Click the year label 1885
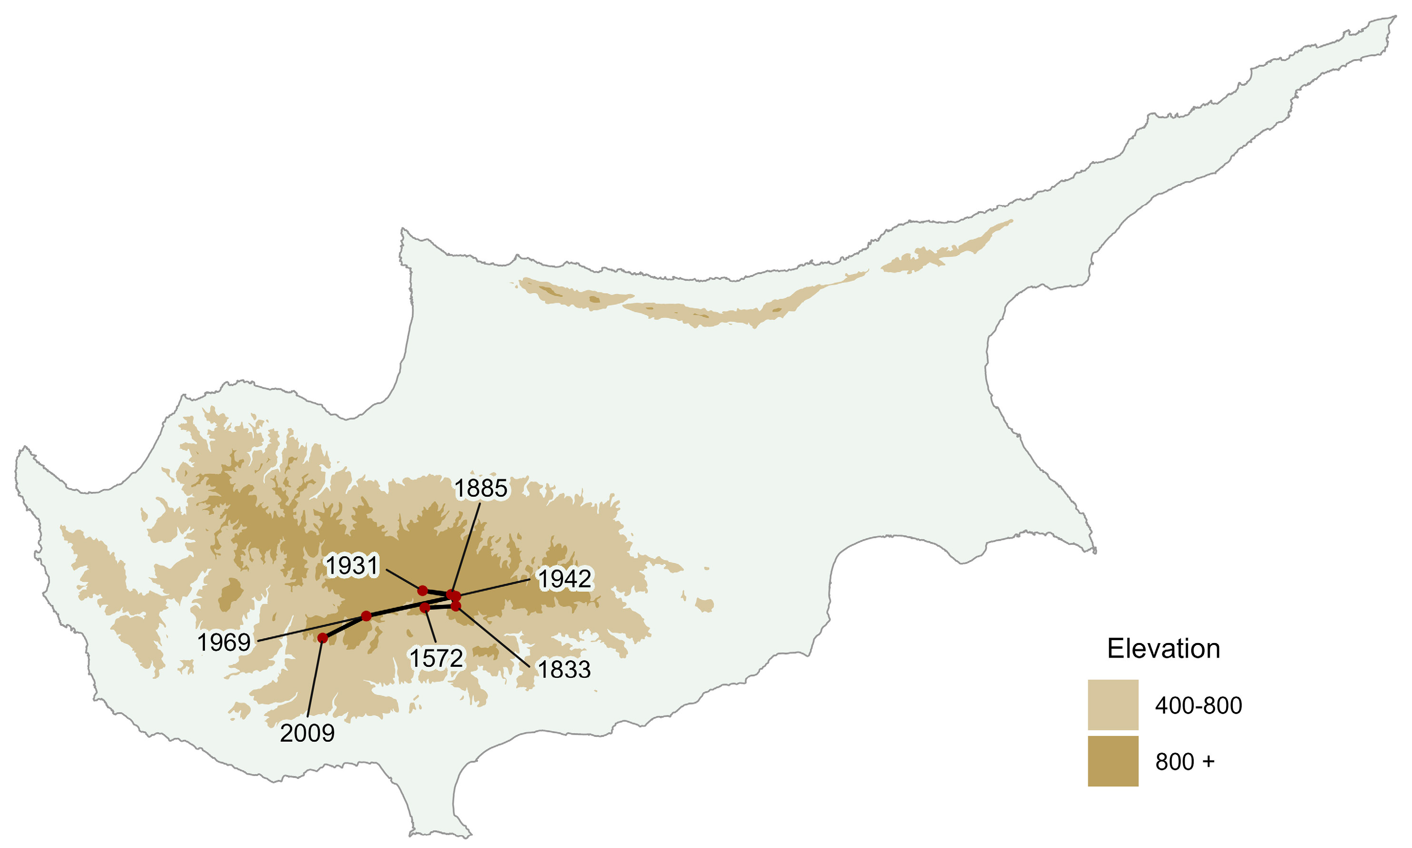pyautogui.click(x=481, y=489)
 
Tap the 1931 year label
pyautogui.click(x=352, y=566)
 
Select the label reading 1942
pyautogui.click(x=564, y=579)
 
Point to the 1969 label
pyautogui.click(x=224, y=642)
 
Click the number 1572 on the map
pyautogui.click(x=436, y=658)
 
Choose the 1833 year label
pyautogui.click(x=564, y=669)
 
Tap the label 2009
pyautogui.click(x=307, y=733)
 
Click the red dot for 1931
pyautogui.click(x=422, y=590)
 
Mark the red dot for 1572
pyautogui.click(x=425, y=607)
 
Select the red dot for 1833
pyautogui.click(x=455, y=606)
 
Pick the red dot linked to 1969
pyautogui.click(x=366, y=616)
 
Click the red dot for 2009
pyautogui.click(x=323, y=638)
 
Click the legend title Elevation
pyautogui.click(x=1164, y=649)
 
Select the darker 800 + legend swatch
pyautogui.click(x=1113, y=761)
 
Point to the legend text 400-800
pyautogui.click(x=1198, y=706)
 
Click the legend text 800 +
pyautogui.click(x=1185, y=762)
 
